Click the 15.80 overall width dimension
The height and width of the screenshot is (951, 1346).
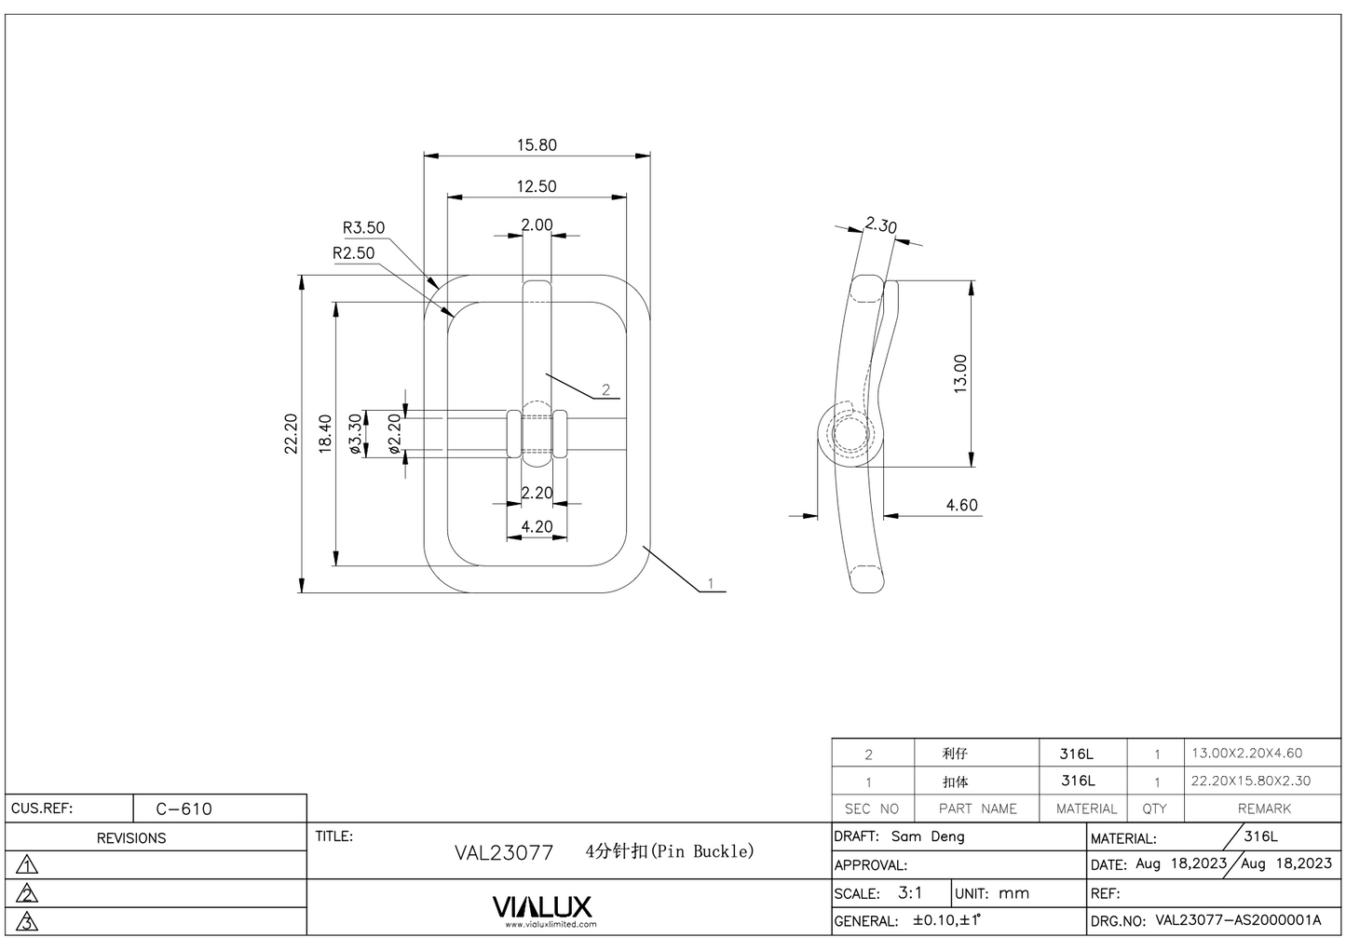click(537, 145)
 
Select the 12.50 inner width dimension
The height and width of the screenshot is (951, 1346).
click(537, 186)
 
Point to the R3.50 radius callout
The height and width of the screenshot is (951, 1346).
click(363, 228)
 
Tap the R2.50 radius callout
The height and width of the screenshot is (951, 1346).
click(353, 253)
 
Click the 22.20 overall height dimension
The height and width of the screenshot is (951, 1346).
click(291, 434)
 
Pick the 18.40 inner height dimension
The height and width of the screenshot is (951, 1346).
click(325, 434)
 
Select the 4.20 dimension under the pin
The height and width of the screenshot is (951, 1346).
click(537, 527)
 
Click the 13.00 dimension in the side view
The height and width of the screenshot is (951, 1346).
click(960, 373)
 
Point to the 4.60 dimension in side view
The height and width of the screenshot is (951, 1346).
click(961, 505)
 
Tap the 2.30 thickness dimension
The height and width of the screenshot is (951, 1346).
click(880, 225)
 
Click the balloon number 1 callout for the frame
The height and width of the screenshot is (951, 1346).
click(710, 583)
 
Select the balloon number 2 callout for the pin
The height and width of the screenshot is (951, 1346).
click(605, 389)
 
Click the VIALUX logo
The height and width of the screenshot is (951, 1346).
click(541, 907)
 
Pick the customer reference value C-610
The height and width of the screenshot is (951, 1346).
click(184, 808)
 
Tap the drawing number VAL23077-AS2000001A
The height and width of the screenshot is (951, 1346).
click(1237, 920)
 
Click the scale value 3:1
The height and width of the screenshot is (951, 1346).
click(910, 892)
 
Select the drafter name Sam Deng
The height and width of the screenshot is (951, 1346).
click(928, 836)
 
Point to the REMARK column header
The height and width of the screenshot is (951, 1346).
click(1263, 808)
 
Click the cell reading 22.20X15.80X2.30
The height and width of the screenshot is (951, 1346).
click(1250, 781)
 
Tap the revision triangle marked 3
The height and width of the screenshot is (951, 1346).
click(28, 922)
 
